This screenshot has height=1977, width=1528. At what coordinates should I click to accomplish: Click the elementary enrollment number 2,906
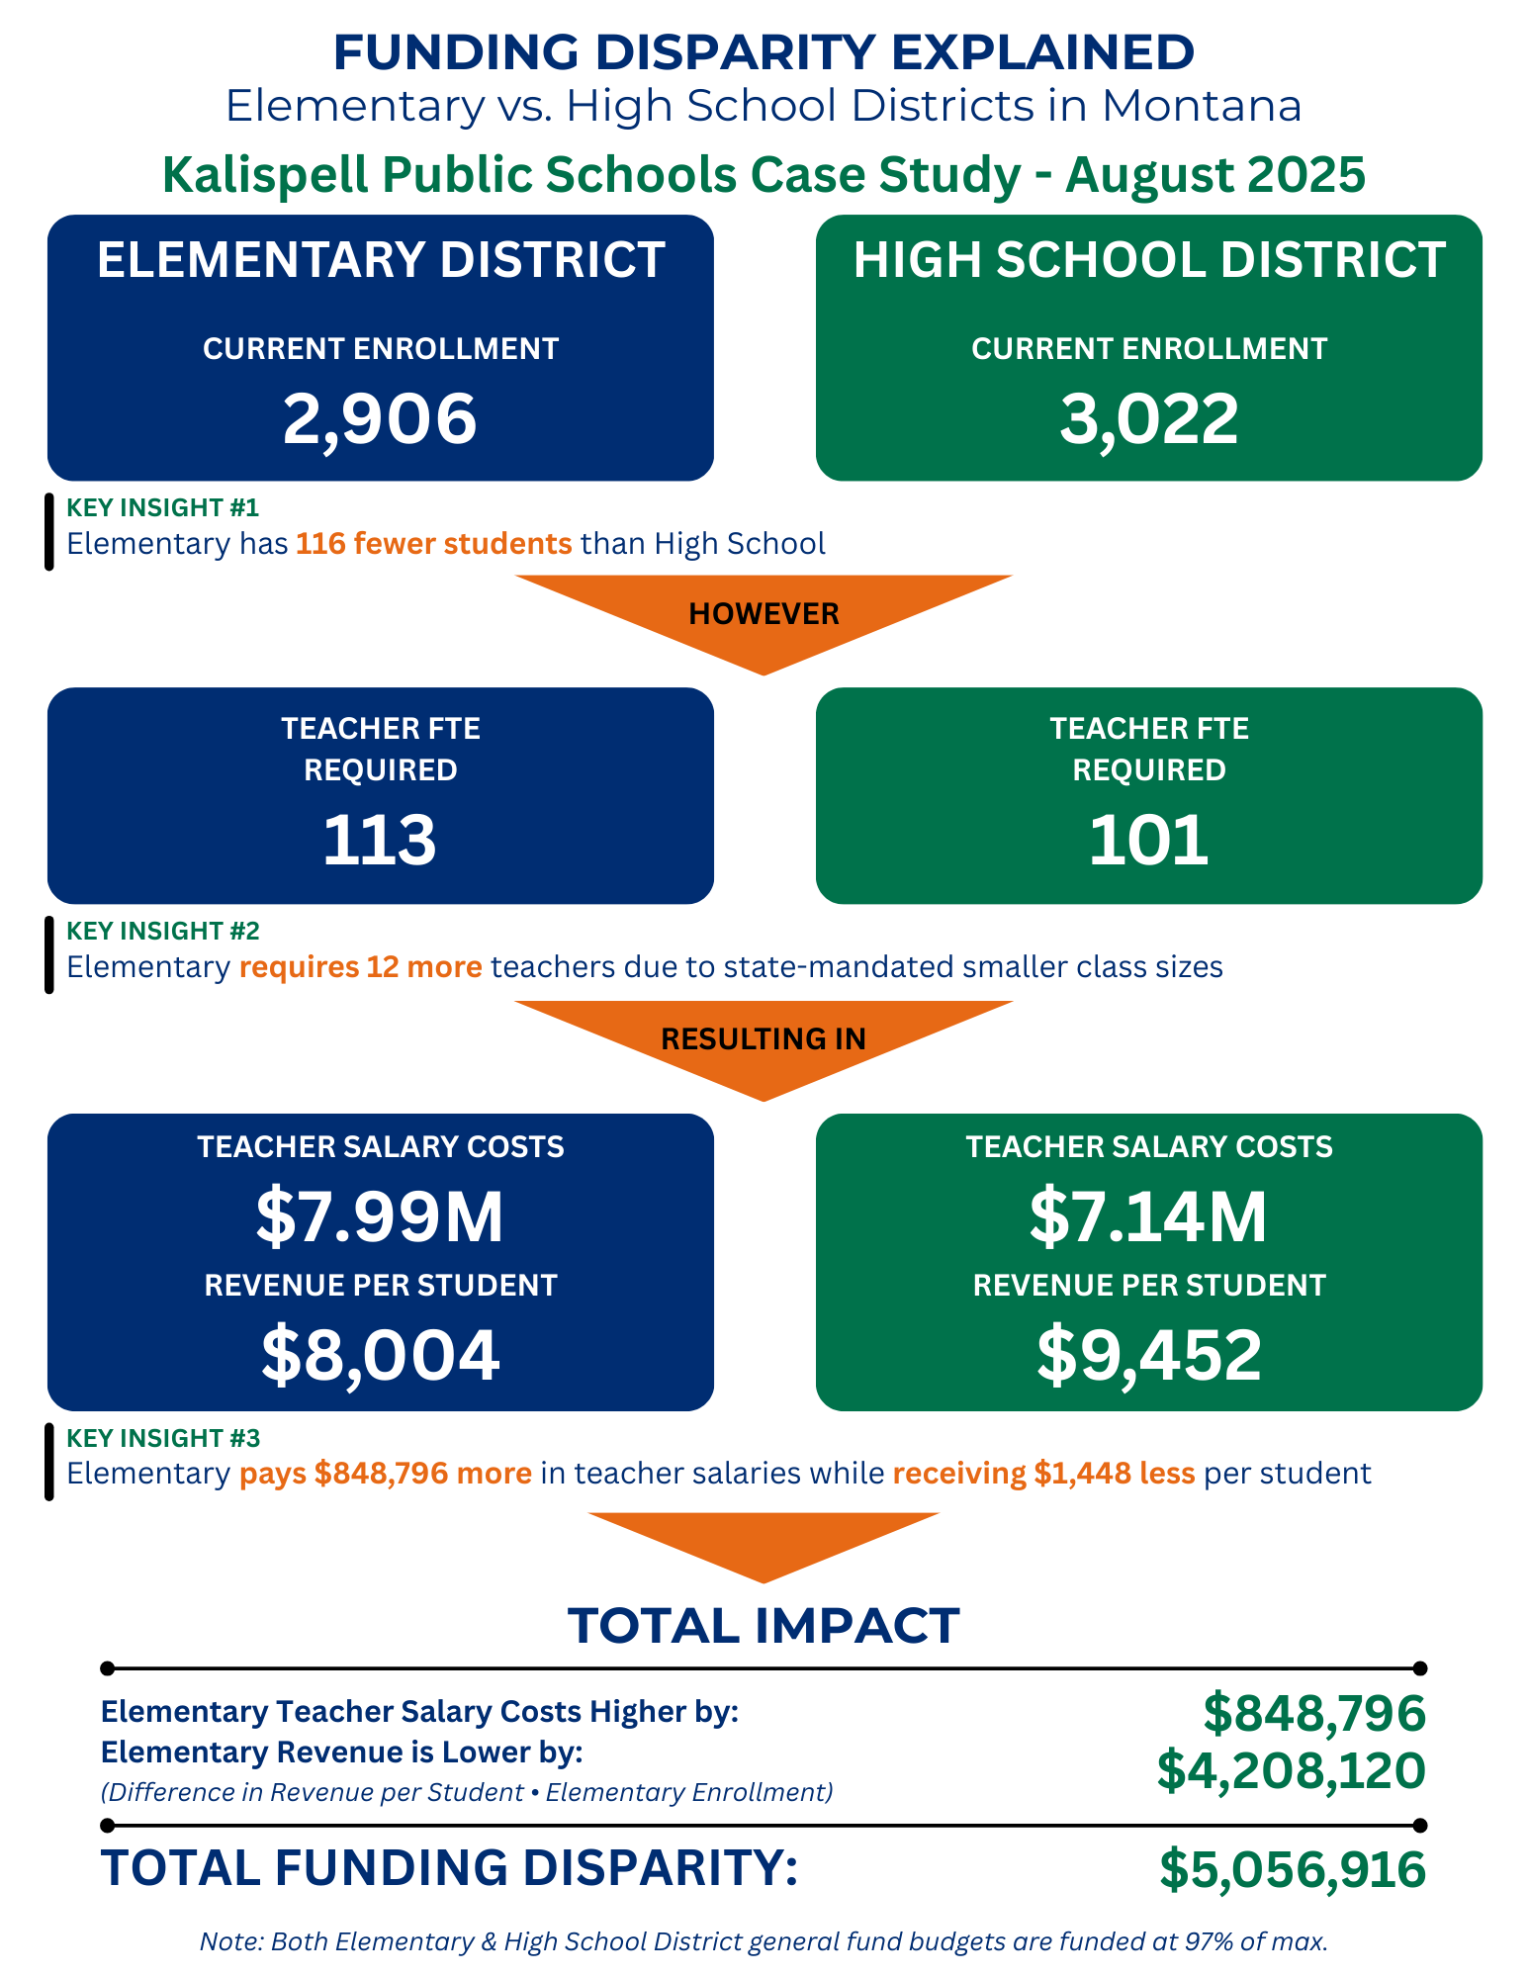click(380, 418)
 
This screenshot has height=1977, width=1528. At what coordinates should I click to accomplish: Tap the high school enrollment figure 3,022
click(1148, 418)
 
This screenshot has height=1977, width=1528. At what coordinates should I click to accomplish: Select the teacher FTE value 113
click(380, 841)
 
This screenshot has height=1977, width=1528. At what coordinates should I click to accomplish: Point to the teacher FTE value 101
click(1148, 841)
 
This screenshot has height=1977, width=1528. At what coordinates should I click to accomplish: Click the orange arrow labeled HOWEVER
click(764, 614)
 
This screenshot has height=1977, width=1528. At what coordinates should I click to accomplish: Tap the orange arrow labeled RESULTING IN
click(764, 1039)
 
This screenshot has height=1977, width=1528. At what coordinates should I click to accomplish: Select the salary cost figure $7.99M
click(380, 1217)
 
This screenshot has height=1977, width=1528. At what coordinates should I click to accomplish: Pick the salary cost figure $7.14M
click(1148, 1217)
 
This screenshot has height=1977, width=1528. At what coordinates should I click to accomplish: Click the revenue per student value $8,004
click(380, 1355)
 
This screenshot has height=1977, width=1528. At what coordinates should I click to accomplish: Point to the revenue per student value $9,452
click(1148, 1355)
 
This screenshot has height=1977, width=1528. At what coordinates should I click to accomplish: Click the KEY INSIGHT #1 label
click(163, 507)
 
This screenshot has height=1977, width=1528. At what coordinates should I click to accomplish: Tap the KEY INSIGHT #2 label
click(163, 931)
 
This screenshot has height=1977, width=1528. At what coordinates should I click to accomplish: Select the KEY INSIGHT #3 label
click(163, 1438)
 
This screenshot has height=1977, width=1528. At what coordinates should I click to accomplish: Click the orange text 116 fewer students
click(433, 544)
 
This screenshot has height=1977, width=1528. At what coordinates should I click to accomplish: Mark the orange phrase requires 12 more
click(361, 966)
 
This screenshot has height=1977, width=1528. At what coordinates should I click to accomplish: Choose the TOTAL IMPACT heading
click(764, 1626)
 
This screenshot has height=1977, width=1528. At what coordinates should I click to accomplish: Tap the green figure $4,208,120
click(1291, 1770)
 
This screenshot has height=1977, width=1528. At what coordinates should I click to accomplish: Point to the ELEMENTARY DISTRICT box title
click(381, 260)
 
